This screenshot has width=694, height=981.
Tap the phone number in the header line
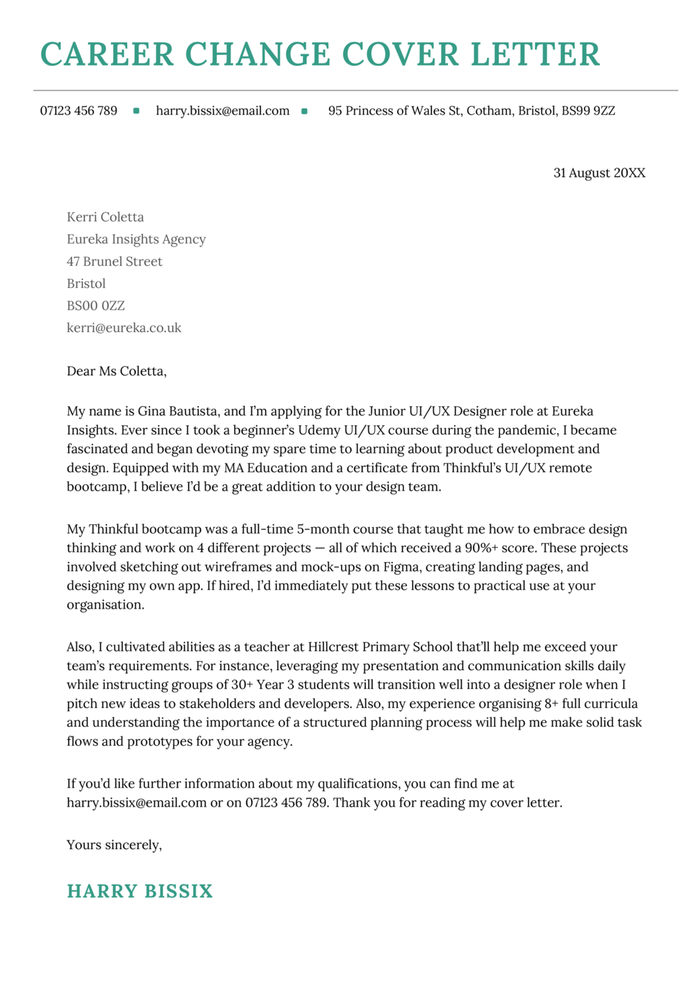click(x=79, y=111)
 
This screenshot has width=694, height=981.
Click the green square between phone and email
click(x=136, y=111)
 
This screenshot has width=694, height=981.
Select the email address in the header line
click(x=222, y=111)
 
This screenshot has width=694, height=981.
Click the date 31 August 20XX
click(x=599, y=173)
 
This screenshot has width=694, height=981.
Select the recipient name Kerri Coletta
click(x=105, y=217)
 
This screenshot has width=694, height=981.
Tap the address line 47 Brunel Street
click(x=115, y=261)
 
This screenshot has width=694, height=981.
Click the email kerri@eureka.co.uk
click(x=124, y=328)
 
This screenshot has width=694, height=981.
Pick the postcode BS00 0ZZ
click(x=96, y=305)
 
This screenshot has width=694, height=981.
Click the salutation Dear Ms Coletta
click(x=116, y=371)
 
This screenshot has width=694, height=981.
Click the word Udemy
click(x=319, y=430)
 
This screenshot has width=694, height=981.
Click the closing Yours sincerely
click(x=114, y=845)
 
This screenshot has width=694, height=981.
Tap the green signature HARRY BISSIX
click(x=140, y=891)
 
